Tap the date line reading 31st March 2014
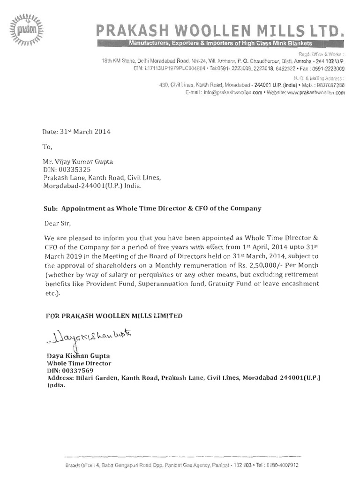point(76,132)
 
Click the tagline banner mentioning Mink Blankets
point(216,43)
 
